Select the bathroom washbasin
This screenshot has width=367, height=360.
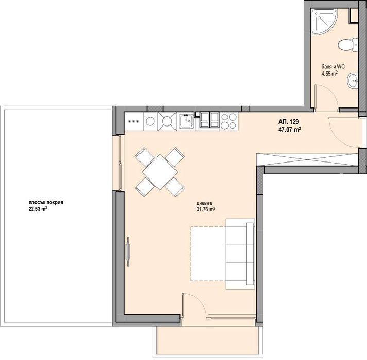click(352, 80)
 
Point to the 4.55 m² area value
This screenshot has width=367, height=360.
click(328, 74)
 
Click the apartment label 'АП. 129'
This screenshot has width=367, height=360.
click(288, 122)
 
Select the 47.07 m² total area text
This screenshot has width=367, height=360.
click(289, 130)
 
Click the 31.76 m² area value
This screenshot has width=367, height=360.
click(205, 209)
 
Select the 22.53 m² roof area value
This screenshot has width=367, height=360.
click(38, 209)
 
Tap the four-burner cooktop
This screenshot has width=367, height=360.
click(229, 121)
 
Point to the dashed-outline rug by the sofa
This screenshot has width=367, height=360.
click(208, 254)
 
